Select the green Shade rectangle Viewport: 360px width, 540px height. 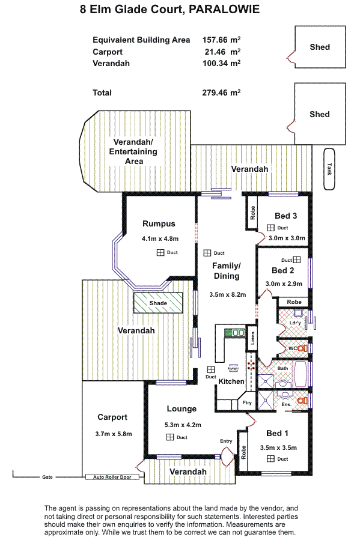pyautogui.click(x=158, y=303)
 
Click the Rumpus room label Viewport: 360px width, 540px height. pyautogui.click(x=159, y=224)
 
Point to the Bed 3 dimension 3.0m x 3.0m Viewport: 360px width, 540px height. pyautogui.click(x=287, y=238)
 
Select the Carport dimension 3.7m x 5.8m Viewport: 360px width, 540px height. pyautogui.click(x=113, y=434)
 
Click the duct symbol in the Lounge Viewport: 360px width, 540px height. pyautogui.click(x=169, y=437)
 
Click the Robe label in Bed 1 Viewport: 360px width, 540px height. pyautogui.click(x=243, y=452)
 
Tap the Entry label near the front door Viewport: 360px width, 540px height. pyautogui.click(x=226, y=441)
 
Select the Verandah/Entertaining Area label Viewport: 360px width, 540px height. pyautogui.click(x=133, y=151)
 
